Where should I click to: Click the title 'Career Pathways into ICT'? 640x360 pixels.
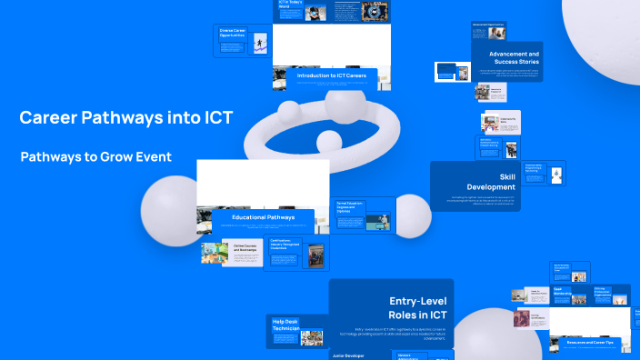click(x=125, y=117)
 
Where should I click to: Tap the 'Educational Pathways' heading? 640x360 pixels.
click(x=263, y=217)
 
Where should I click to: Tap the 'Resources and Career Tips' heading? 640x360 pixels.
click(x=590, y=342)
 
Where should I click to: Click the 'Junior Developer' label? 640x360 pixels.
click(x=349, y=355)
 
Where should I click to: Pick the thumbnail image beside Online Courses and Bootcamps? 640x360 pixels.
click(x=215, y=252)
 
